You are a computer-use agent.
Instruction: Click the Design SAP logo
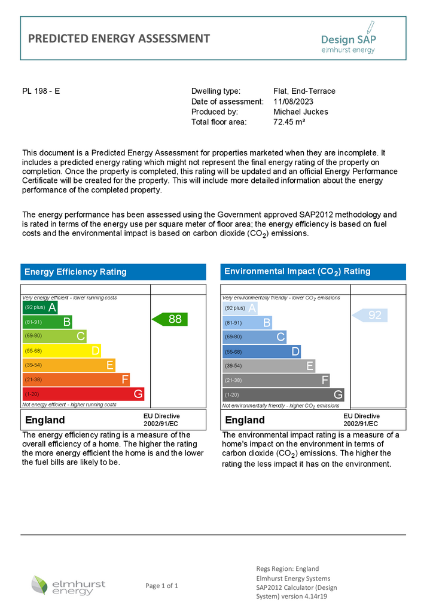click(x=348, y=38)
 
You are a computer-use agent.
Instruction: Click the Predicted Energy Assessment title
click(x=119, y=39)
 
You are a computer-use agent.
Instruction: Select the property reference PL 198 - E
click(x=41, y=91)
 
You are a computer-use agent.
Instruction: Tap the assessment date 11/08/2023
click(x=294, y=102)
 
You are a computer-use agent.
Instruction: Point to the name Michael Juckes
click(x=301, y=112)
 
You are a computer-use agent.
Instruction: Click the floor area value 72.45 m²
click(x=289, y=122)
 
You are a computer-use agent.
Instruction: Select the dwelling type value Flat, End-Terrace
click(x=304, y=91)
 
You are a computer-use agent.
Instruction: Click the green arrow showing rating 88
click(x=170, y=319)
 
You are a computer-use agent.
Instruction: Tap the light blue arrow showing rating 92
click(x=370, y=315)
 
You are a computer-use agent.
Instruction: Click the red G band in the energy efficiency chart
click(x=83, y=394)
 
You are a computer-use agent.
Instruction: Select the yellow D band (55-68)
click(x=62, y=351)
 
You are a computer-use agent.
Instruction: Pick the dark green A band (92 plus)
click(x=40, y=308)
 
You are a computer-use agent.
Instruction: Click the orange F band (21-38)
click(x=76, y=380)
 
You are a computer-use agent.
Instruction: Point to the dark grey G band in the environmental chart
click(x=283, y=394)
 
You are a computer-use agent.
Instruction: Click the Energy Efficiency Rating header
click(x=75, y=272)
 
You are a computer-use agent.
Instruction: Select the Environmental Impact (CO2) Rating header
click(x=297, y=271)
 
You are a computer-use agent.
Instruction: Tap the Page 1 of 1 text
click(x=161, y=586)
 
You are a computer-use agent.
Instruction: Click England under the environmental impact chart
click(x=245, y=420)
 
